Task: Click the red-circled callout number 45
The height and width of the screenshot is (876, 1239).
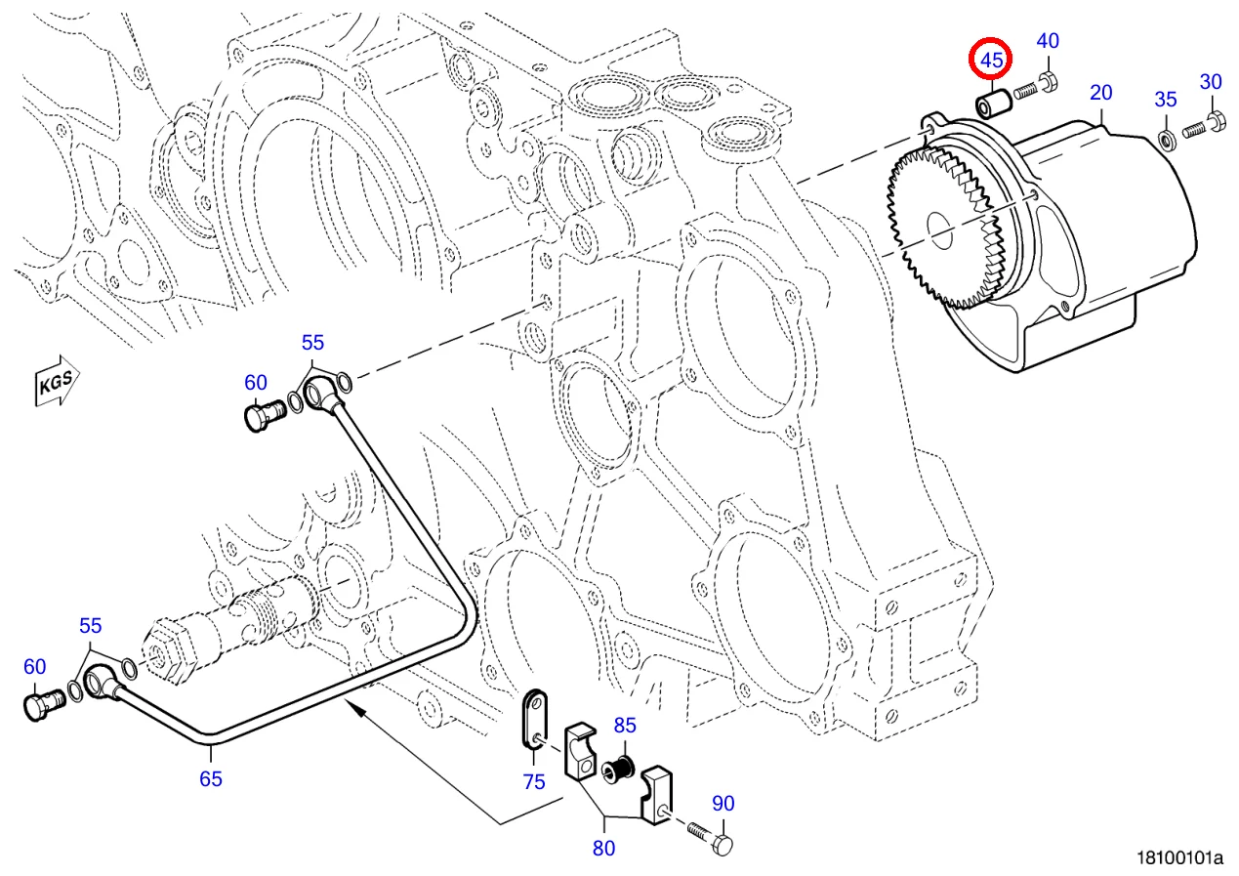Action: click(991, 61)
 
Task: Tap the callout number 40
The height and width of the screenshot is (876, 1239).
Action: click(1047, 41)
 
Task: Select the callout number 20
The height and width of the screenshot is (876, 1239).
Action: click(1100, 94)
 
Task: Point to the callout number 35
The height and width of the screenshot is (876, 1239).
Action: click(1166, 99)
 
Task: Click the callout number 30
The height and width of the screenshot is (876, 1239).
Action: click(1211, 82)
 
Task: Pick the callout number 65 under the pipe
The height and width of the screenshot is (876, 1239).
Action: click(211, 778)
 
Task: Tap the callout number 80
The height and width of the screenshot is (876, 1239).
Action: click(604, 848)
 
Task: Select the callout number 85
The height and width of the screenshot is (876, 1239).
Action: click(625, 726)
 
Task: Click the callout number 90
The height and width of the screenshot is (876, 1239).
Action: click(723, 804)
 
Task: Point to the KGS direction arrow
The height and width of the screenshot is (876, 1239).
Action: click(57, 383)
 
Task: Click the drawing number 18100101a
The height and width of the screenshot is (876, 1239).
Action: click(1178, 858)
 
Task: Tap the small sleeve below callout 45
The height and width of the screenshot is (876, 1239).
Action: click(993, 102)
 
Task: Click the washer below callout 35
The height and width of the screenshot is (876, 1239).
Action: click(1166, 136)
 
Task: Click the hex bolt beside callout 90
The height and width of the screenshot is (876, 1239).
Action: click(710, 837)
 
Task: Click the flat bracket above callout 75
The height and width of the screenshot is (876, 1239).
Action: click(534, 718)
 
